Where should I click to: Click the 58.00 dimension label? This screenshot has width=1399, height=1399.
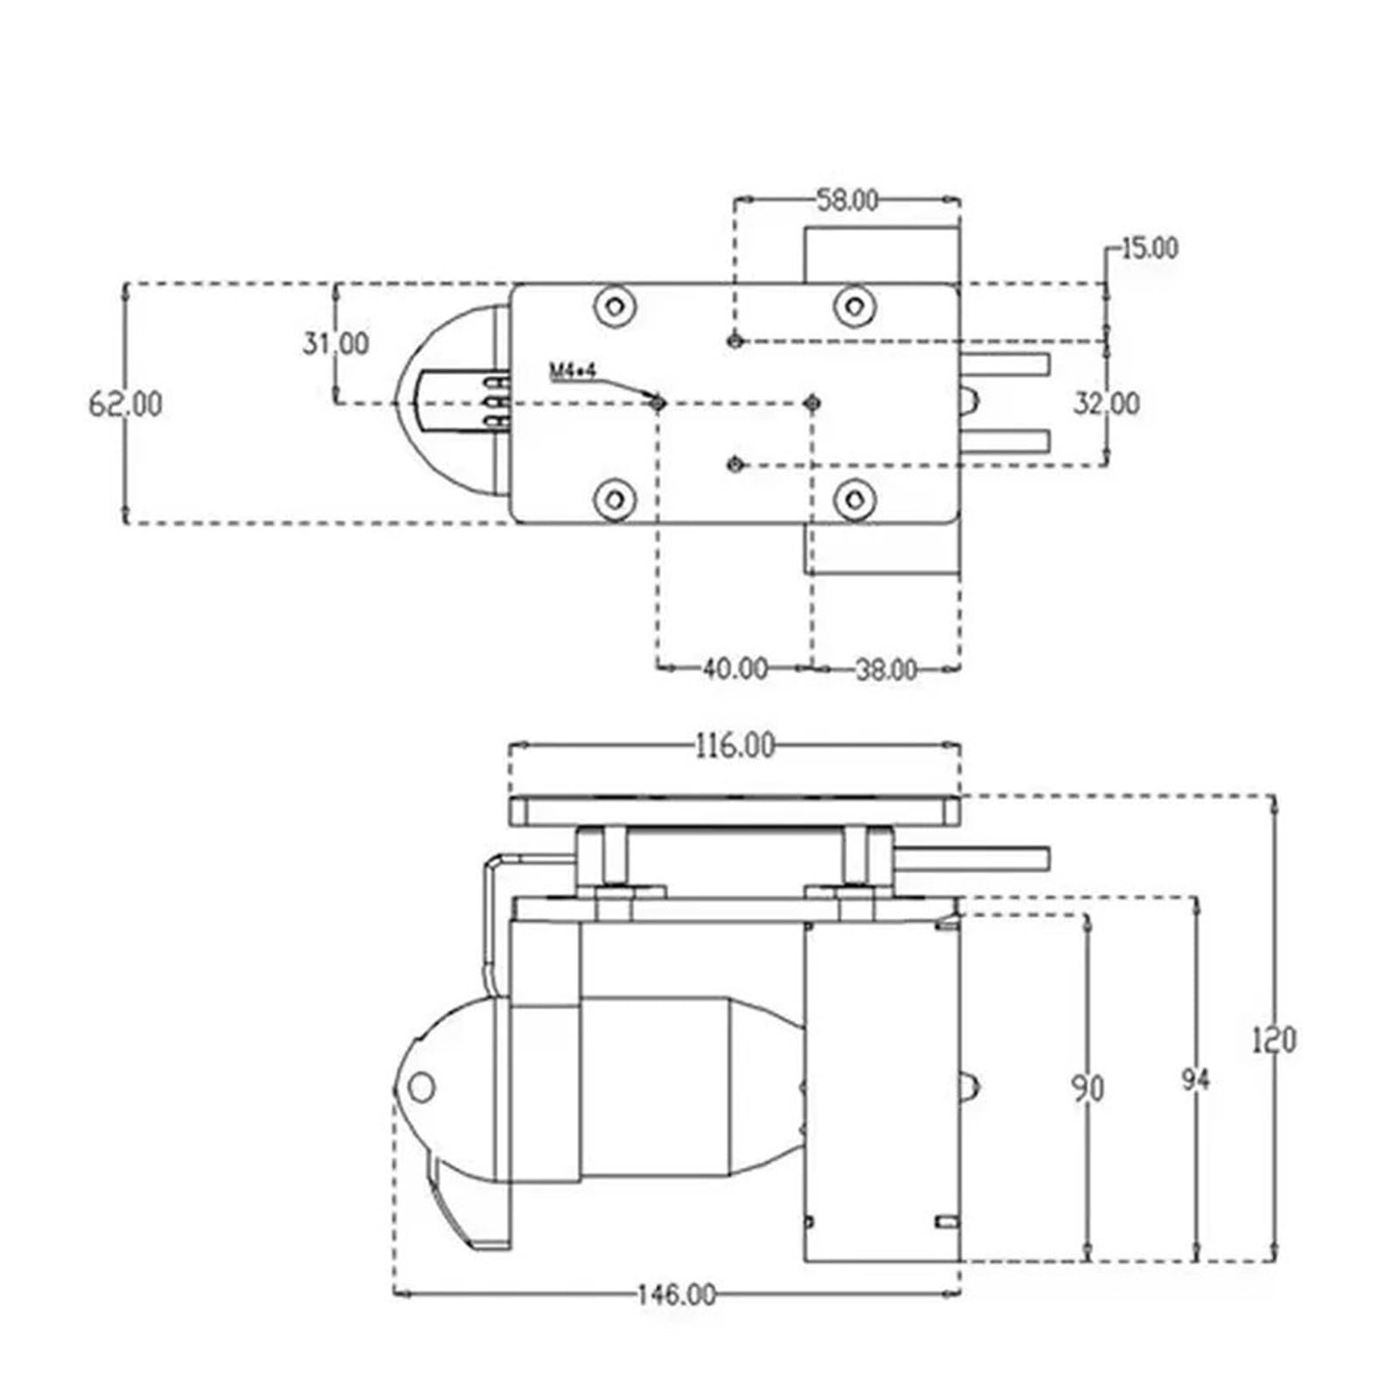coord(847,201)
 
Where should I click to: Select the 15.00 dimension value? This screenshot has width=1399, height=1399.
coord(1149,248)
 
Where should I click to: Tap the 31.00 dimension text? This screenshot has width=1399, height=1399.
coord(336,343)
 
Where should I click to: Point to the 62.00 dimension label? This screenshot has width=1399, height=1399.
coord(126,404)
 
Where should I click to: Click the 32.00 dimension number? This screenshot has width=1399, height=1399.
coord(1107,404)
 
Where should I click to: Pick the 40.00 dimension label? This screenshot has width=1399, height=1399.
coord(735,669)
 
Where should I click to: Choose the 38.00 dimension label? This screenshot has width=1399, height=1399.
coord(886,670)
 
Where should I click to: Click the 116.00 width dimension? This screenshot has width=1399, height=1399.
coord(734,746)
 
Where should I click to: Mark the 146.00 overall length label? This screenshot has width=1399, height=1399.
coord(675,1294)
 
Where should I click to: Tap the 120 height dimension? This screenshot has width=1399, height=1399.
coord(1274,1041)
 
